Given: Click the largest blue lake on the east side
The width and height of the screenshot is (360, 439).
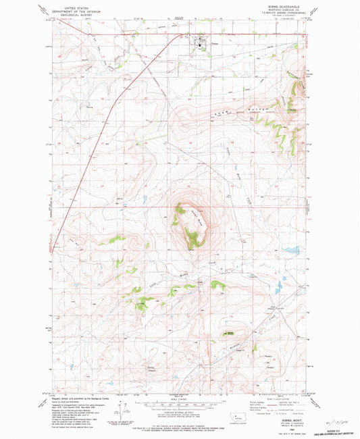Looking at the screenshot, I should pos(291,251).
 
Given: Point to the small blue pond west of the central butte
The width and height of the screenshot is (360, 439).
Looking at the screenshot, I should pos(145,199).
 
